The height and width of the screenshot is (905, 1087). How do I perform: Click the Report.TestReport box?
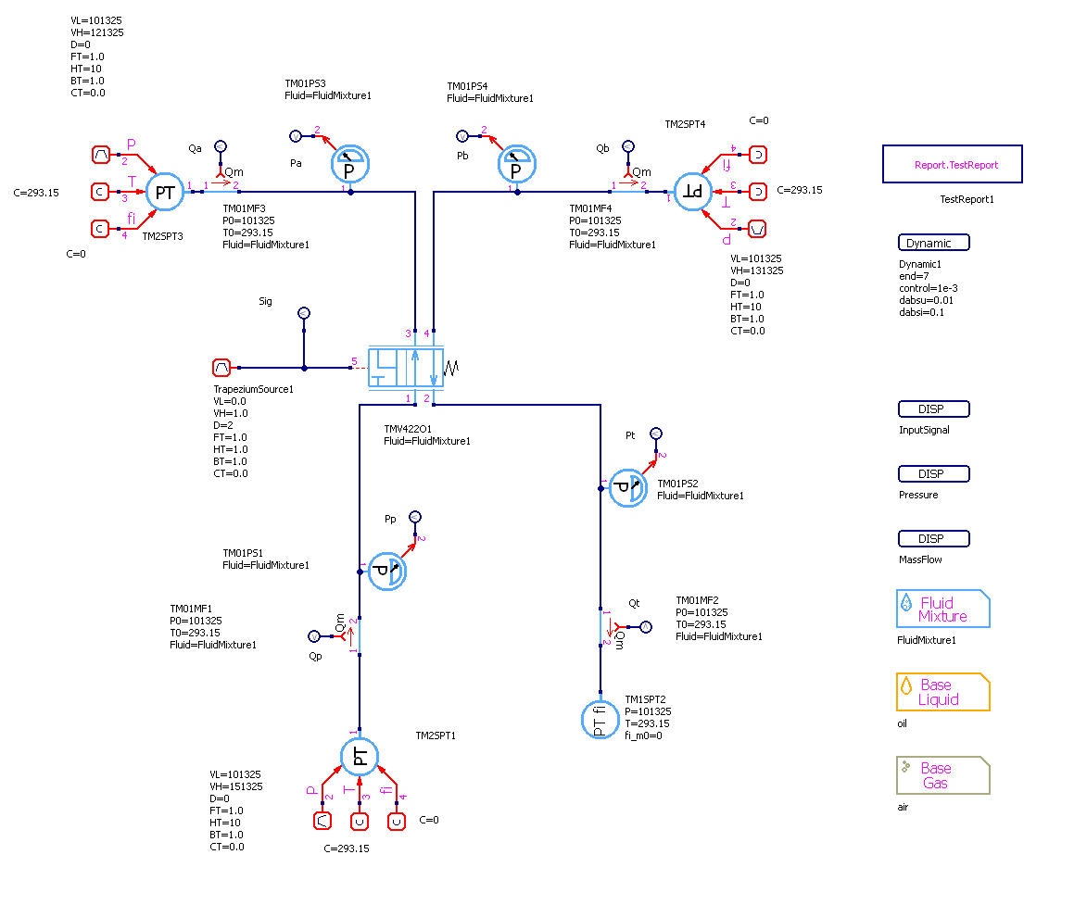click(x=952, y=164)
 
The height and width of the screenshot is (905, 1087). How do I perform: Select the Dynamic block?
click(x=933, y=243)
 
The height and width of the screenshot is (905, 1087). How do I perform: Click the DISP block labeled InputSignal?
click(x=933, y=409)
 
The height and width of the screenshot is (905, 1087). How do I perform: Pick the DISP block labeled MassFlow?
click(x=933, y=539)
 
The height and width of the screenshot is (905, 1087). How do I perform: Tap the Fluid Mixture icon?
click(x=942, y=610)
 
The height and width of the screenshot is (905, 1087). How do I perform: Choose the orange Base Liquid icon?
click(x=942, y=692)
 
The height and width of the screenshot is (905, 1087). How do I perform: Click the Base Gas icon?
click(x=942, y=775)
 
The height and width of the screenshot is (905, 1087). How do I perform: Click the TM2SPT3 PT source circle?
click(x=165, y=193)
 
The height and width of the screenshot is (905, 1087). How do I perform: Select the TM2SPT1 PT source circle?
click(x=360, y=757)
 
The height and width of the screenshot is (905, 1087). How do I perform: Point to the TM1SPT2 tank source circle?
click(x=600, y=720)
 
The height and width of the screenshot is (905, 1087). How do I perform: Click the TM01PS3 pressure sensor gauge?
click(x=350, y=164)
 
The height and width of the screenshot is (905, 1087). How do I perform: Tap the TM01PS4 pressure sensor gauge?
click(x=517, y=164)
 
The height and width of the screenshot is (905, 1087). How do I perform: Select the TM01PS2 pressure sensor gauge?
click(x=628, y=487)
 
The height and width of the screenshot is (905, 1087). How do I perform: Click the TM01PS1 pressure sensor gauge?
click(x=386, y=571)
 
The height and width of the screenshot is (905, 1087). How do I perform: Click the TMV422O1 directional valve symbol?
click(x=405, y=369)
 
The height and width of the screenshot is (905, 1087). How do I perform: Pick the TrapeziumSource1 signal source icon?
click(x=221, y=368)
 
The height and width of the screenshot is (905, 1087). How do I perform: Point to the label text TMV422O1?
click(x=407, y=430)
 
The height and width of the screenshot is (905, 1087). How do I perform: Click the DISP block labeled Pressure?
click(x=933, y=474)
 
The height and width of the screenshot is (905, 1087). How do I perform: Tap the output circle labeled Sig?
click(x=303, y=314)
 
